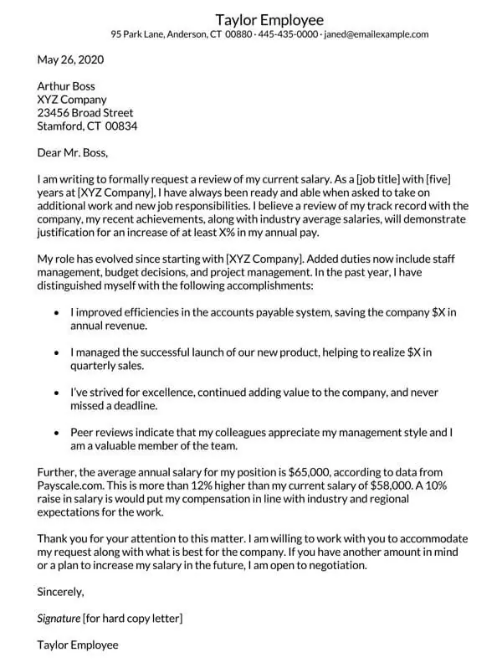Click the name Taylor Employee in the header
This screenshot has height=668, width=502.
[269, 19]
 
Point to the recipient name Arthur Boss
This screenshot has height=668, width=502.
[66, 86]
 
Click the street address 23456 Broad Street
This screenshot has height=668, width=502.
[85, 113]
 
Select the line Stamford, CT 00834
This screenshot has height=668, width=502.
[88, 126]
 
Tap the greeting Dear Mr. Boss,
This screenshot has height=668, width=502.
[73, 152]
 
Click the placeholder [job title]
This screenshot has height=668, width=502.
[384, 179]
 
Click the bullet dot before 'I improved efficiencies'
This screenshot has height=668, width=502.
[56, 312]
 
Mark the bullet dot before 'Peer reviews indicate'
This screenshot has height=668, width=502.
[56, 434]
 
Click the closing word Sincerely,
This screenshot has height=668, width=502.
[61, 592]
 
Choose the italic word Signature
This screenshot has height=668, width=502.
[59, 619]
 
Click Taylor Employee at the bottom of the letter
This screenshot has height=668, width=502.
[78, 645]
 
